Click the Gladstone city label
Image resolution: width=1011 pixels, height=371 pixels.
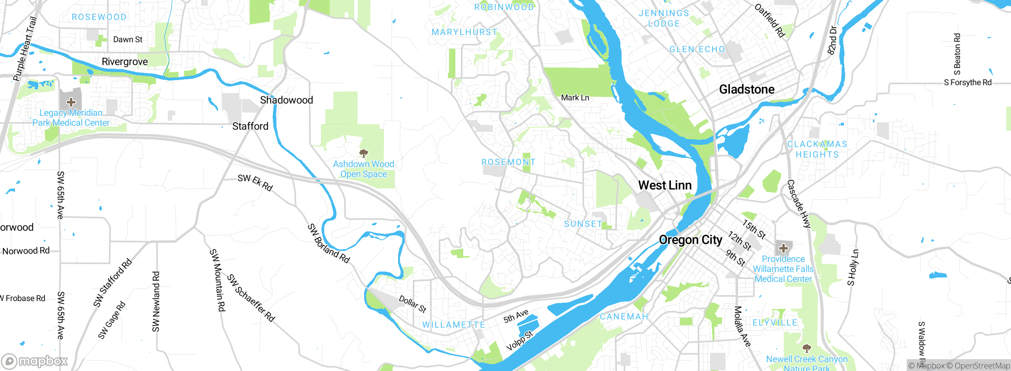coord(746,90)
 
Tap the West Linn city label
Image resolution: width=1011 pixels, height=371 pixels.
coord(665,185)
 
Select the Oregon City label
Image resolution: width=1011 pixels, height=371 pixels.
coord(690,240)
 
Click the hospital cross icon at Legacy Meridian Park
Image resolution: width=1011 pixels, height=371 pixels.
coord(71,103)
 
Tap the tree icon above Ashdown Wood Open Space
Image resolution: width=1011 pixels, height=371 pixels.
coord(364,153)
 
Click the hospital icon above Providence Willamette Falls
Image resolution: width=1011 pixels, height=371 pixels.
coord(784,249)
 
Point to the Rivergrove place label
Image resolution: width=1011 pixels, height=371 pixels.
coord(125,62)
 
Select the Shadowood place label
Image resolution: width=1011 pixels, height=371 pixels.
coord(286,100)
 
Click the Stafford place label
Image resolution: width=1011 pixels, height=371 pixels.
coord(250,126)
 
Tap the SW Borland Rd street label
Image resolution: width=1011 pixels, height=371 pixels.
coord(329,244)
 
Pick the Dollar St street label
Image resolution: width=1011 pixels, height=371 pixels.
coord(412,304)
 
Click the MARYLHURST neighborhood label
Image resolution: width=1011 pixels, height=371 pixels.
coord(464,32)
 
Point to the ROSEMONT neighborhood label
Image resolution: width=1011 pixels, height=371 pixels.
coord(508,162)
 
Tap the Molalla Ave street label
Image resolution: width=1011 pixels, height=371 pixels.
coord(742,326)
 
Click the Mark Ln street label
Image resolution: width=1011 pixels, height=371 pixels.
coord(575,98)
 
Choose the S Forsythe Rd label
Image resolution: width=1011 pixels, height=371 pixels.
coord(968,82)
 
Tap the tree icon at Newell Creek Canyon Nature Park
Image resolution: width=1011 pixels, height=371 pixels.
coord(807,348)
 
